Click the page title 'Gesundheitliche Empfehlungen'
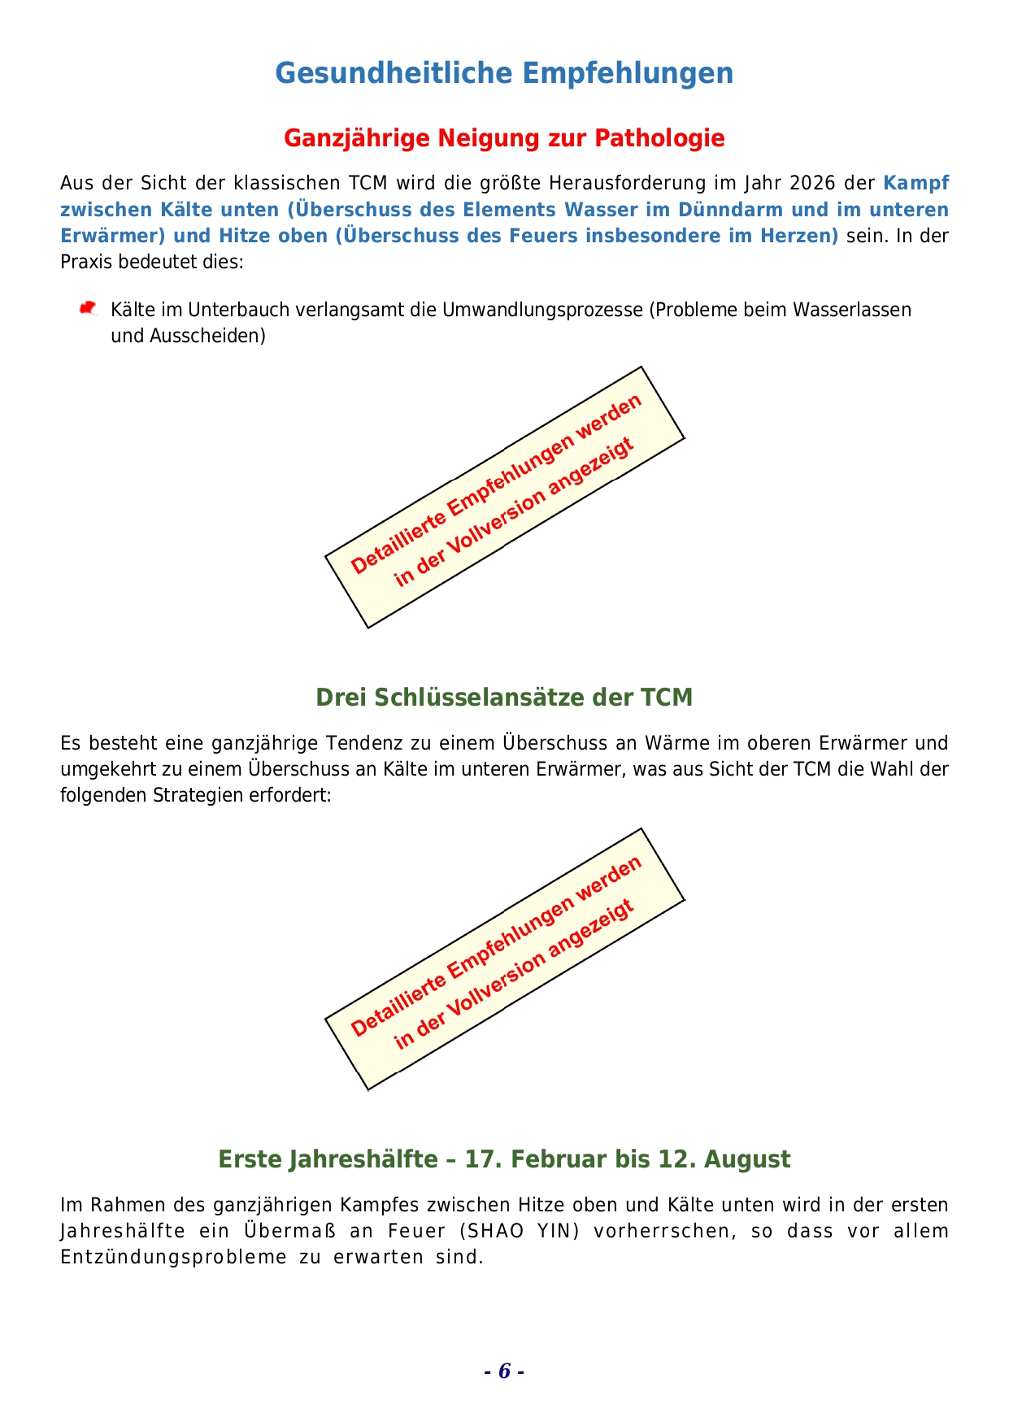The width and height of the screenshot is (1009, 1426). click(504, 73)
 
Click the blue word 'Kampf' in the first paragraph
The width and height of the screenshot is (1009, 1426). click(915, 183)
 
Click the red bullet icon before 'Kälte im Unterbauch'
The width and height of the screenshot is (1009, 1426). click(88, 309)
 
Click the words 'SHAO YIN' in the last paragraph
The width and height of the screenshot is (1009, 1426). click(519, 1231)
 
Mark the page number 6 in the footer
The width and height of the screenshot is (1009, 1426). click(504, 1372)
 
